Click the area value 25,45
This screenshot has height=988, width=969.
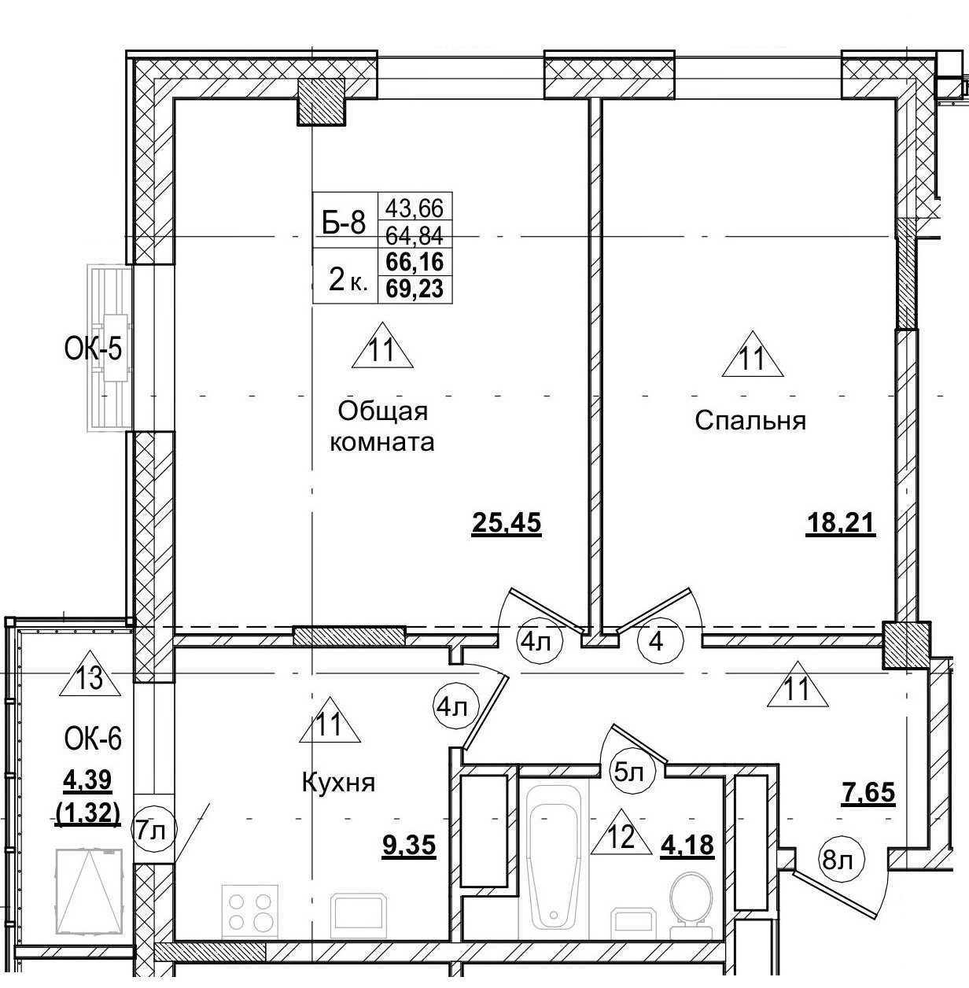tap(507, 522)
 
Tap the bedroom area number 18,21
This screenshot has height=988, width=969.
tap(841, 522)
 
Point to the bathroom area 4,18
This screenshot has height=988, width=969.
tap(687, 845)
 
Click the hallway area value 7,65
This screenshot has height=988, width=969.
tap(868, 793)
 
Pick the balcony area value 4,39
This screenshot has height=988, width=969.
tap(87, 780)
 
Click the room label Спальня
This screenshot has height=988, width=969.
tap(750, 421)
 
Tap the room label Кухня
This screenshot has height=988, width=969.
tap(338, 783)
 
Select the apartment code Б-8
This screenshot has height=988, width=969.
tap(344, 223)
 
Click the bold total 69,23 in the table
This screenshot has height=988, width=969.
tap(414, 289)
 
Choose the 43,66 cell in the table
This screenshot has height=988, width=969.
tap(414, 208)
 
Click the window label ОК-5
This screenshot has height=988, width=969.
tap(94, 348)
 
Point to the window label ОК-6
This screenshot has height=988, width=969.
tap(94, 739)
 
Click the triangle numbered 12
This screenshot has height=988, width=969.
tap(621, 834)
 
